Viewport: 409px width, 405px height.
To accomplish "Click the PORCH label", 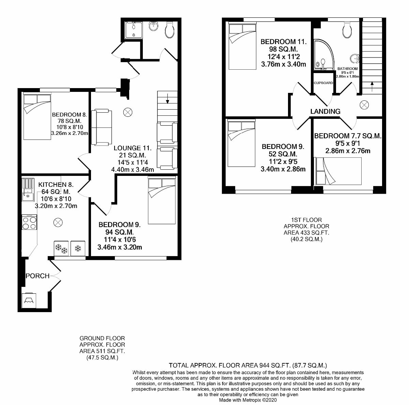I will click(37, 276).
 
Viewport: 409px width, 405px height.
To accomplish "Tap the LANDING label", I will click(325, 111).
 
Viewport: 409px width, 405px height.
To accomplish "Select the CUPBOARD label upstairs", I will click(323, 83).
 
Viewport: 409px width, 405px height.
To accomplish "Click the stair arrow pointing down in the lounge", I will click(167, 100).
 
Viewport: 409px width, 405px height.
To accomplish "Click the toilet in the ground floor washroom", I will click(169, 30).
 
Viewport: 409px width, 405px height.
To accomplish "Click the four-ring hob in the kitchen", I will click(29, 223).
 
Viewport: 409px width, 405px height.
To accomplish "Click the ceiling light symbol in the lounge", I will click(128, 111).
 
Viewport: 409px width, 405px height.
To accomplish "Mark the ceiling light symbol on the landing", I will click(364, 105).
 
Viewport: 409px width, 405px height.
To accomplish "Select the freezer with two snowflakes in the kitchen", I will click(61, 249).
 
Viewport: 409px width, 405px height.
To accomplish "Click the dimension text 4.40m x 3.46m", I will click(133, 169).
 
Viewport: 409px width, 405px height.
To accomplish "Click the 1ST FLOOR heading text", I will click(306, 220).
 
